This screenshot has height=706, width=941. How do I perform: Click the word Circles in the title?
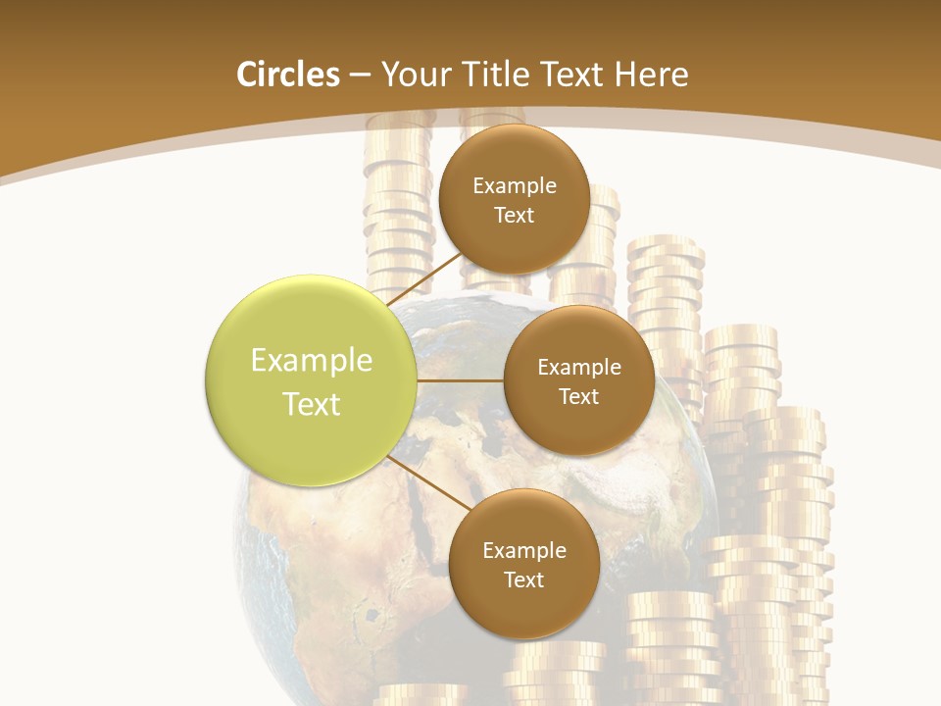[287, 75]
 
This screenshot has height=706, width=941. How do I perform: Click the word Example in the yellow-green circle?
[312, 361]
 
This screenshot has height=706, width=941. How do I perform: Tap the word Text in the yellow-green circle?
[312, 404]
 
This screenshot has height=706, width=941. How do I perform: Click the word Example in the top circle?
[515, 185]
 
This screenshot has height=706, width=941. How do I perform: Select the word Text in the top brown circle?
[515, 215]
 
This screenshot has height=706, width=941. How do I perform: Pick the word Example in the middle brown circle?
[579, 367]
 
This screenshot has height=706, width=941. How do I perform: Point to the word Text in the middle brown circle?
[579, 396]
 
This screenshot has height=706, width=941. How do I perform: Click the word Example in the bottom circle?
[524, 550]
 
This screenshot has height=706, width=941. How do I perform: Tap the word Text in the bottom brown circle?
[524, 580]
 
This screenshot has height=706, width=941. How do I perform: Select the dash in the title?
[360, 76]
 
